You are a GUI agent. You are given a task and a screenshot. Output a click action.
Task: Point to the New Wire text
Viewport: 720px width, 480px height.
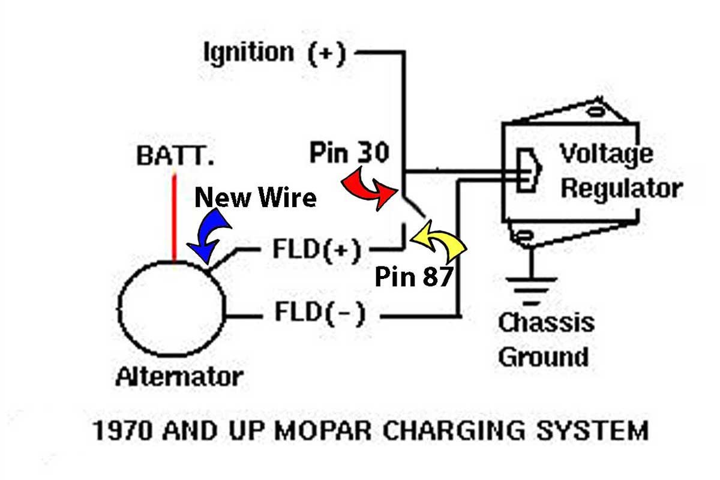256,197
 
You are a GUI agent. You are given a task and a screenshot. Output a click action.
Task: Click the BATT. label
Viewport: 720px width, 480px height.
175,157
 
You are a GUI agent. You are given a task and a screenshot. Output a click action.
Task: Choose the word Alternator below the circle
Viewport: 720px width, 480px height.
179,377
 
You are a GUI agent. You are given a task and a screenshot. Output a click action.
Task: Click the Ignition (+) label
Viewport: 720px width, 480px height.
275,53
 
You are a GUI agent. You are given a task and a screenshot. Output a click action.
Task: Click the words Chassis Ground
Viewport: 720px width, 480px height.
545,340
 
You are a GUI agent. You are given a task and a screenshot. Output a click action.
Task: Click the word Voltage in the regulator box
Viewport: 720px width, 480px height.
606,155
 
